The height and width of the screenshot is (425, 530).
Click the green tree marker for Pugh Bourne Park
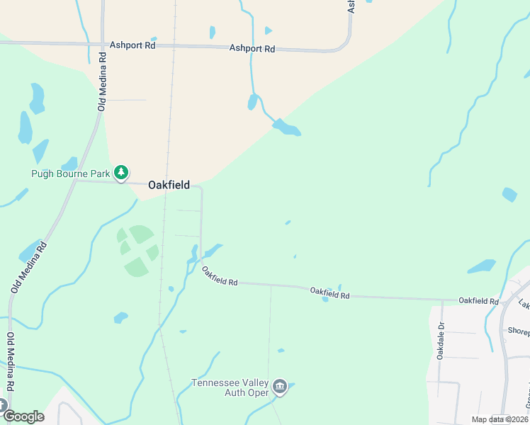click(x=122, y=172)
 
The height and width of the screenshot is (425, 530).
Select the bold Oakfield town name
click(x=169, y=185)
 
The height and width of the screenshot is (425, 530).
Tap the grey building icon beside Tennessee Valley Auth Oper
click(x=280, y=387)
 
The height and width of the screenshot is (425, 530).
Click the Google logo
click(x=23, y=416)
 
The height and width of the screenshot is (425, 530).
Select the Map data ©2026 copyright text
click(x=500, y=419)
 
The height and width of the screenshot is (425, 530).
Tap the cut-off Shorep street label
click(x=518, y=331)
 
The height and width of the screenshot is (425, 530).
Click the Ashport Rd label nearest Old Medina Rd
click(x=132, y=45)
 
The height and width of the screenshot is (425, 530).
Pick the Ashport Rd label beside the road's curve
click(x=252, y=49)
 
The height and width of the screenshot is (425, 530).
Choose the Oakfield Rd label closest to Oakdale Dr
click(x=478, y=301)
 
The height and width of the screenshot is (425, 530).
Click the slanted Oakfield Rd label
click(x=219, y=276)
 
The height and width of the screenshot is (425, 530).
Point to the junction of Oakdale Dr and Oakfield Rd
click(x=441, y=299)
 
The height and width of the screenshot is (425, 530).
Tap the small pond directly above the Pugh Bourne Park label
click(x=69, y=164)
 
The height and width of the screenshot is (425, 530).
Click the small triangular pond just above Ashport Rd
click(x=268, y=30)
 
